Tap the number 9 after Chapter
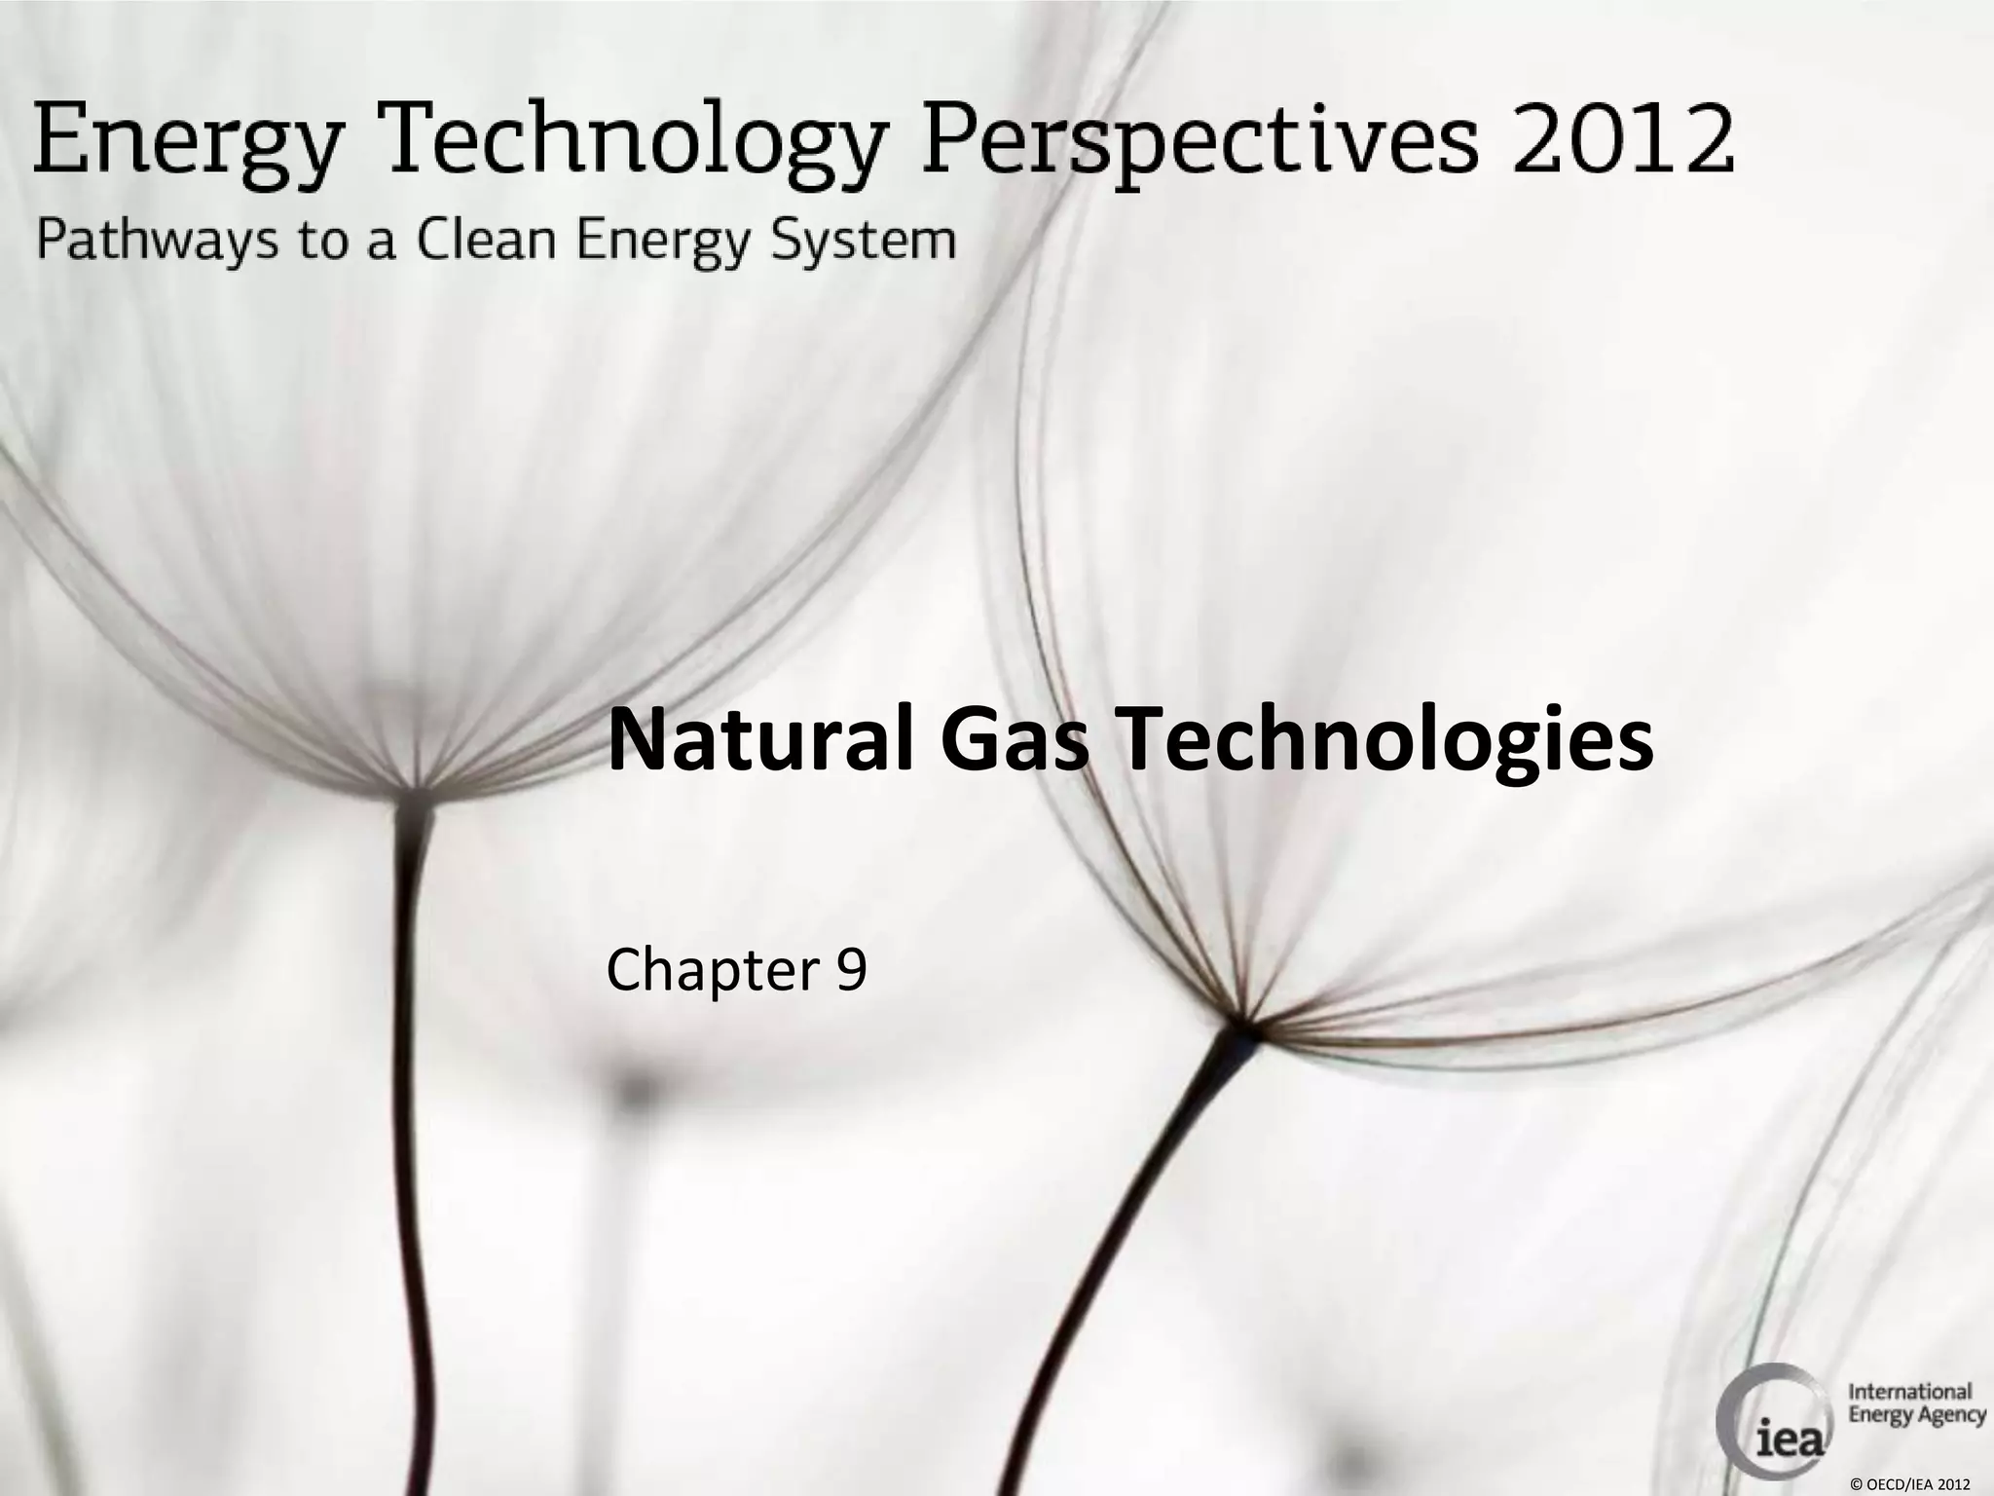coord(850,970)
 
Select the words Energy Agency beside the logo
coord(1916,1414)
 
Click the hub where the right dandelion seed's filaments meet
coord(1245,1026)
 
